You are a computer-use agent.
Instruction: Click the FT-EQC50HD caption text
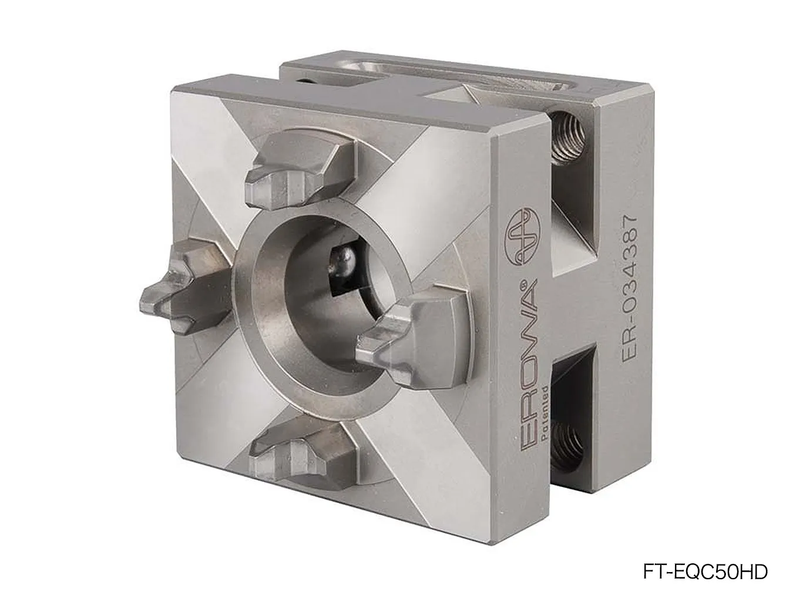[705, 572]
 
